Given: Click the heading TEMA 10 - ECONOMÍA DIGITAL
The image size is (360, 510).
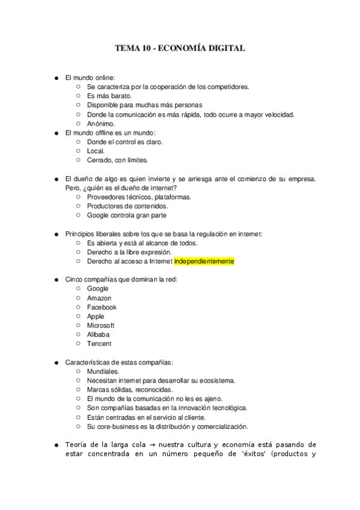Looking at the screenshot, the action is click(180, 49).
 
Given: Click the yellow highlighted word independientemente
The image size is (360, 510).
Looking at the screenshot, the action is click(204, 262).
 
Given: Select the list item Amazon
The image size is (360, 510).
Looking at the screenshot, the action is click(99, 298).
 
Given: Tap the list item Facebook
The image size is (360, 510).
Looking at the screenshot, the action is click(102, 307).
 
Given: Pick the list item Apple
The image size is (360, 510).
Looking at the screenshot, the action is click(96, 316).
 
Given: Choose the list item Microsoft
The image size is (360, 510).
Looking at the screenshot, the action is click(101, 325).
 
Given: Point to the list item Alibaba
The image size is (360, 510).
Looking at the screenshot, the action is click(98, 334).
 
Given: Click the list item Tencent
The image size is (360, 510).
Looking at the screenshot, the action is click(99, 344).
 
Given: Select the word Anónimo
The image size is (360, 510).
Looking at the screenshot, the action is click(101, 124).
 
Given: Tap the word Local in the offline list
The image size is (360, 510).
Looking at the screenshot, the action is click(96, 151).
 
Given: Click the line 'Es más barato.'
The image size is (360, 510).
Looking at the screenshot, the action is click(109, 96).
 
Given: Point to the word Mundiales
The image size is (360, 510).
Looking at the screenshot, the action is click(103, 371).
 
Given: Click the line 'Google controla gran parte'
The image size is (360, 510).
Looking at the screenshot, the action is click(127, 215).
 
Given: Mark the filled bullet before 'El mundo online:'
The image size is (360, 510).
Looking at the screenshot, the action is click(56, 78).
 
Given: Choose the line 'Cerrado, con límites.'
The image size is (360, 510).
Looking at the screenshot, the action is click(117, 160).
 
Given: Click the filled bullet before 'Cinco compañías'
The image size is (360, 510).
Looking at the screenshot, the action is click(56, 280).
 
